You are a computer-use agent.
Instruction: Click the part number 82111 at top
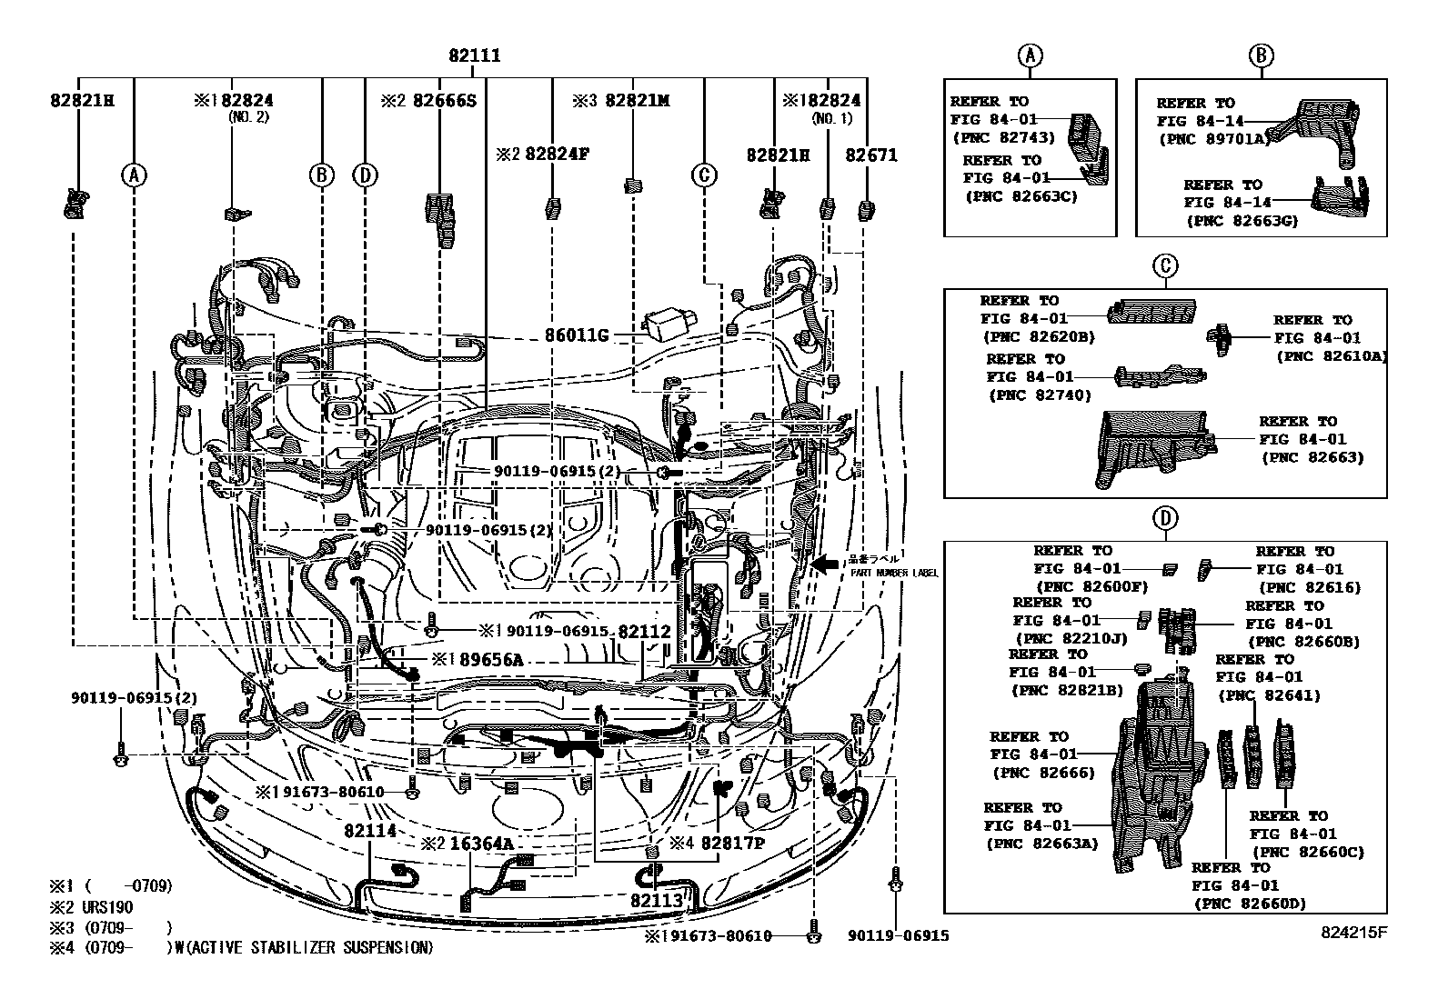(x=474, y=55)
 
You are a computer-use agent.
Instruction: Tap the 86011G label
(x=576, y=335)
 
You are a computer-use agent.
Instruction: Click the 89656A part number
(x=490, y=659)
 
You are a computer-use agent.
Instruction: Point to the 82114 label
(x=370, y=830)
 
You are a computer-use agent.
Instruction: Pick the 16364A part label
(x=481, y=844)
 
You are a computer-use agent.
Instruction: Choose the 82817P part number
(x=732, y=844)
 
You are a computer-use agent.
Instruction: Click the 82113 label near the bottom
(x=656, y=899)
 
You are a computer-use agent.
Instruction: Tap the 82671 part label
(x=870, y=155)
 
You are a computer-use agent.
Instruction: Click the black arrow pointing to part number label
(x=826, y=564)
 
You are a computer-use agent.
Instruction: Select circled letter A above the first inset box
(x=1030, y=56)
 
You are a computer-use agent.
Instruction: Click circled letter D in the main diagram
(x=365, y=175)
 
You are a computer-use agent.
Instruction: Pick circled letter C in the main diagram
(x=704, y=175)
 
